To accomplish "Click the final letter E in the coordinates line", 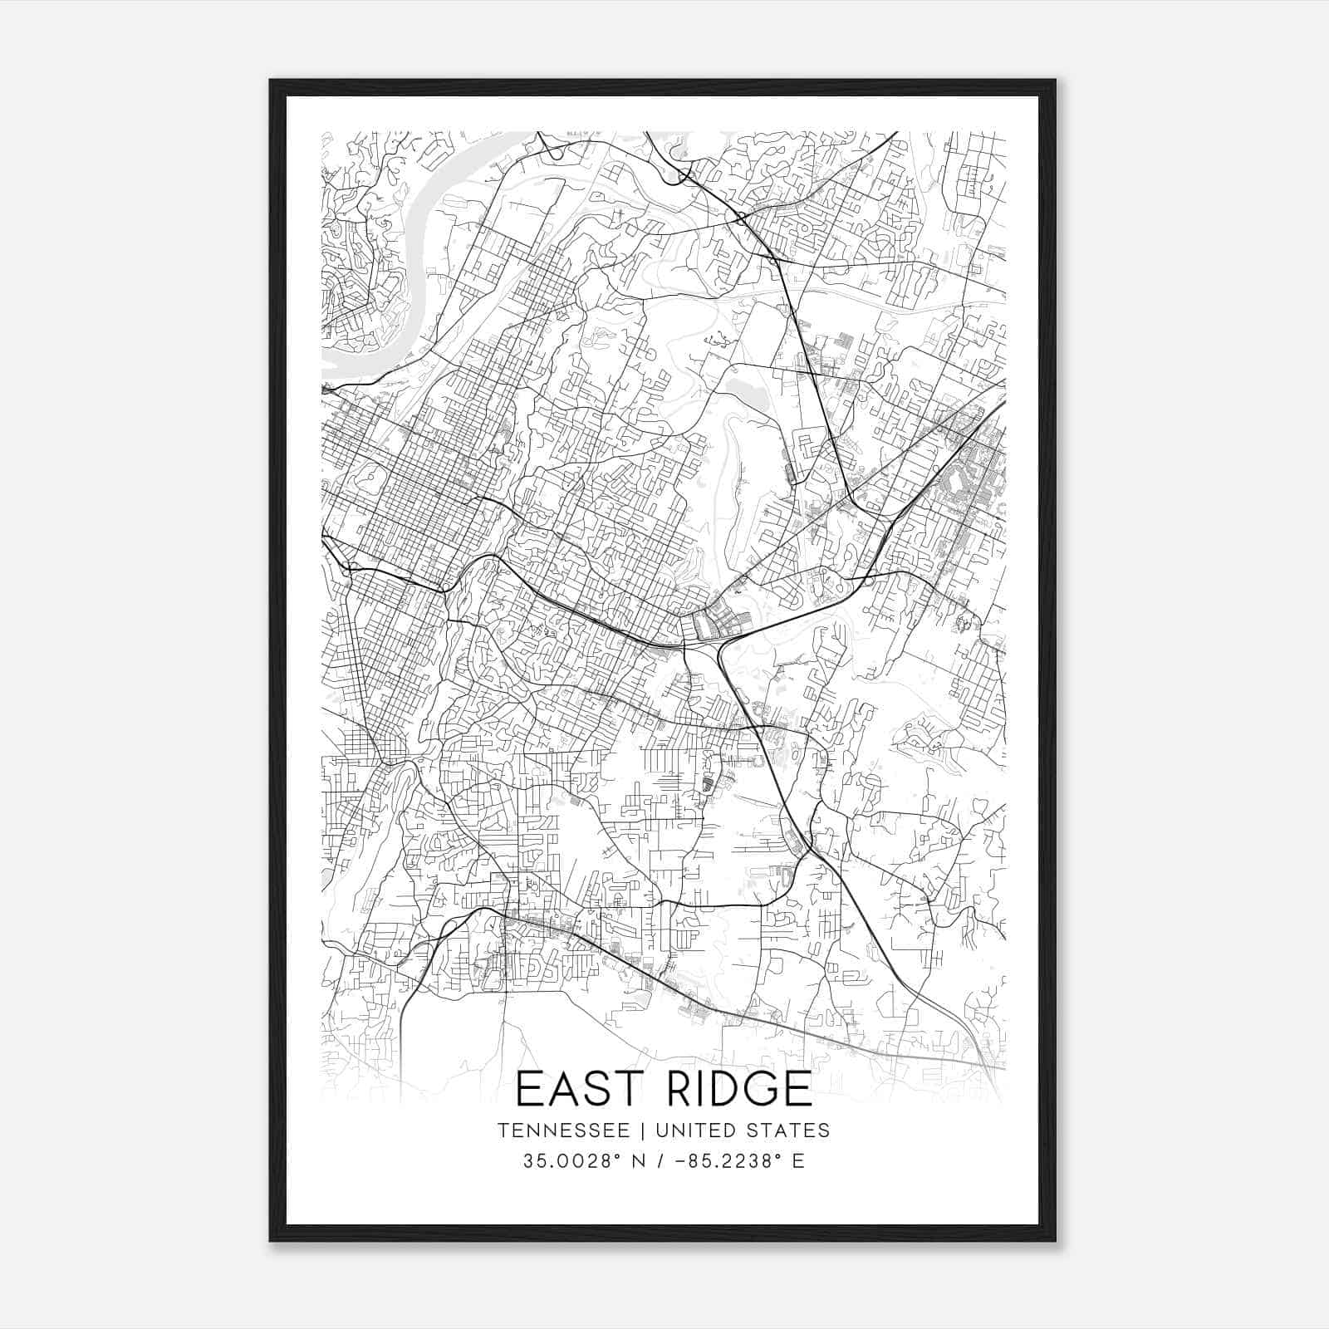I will point(798,1161).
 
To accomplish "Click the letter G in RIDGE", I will point(756,1089).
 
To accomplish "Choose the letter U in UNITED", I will point(661,1130).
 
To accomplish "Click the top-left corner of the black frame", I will point(272,81).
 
